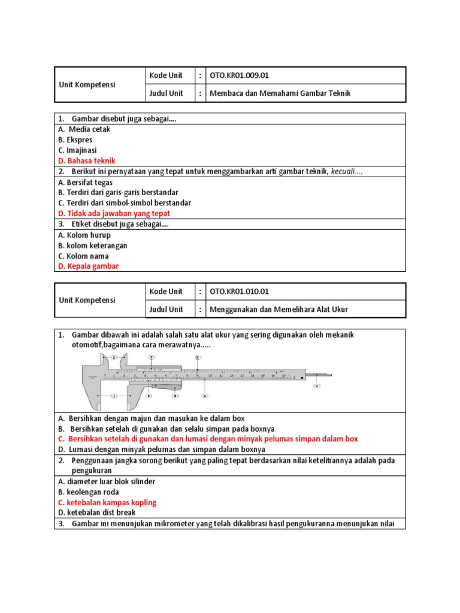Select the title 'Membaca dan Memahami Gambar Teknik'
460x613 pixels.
point(280,93)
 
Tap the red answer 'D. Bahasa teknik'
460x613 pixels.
point(87,160)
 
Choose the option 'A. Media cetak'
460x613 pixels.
point(84,129)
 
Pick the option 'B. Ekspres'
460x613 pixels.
point(75,139)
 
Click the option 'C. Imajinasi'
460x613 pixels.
point(78,150)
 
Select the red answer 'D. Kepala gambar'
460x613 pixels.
point(89,266)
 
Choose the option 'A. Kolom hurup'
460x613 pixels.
point(84,235)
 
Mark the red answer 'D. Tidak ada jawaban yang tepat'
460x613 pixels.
point(114,213)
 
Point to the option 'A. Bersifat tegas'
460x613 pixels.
point(86,182)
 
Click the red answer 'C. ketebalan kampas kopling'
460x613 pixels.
point(107,502)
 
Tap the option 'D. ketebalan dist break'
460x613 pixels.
point(97,512)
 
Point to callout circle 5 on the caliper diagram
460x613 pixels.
point(317,386)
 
